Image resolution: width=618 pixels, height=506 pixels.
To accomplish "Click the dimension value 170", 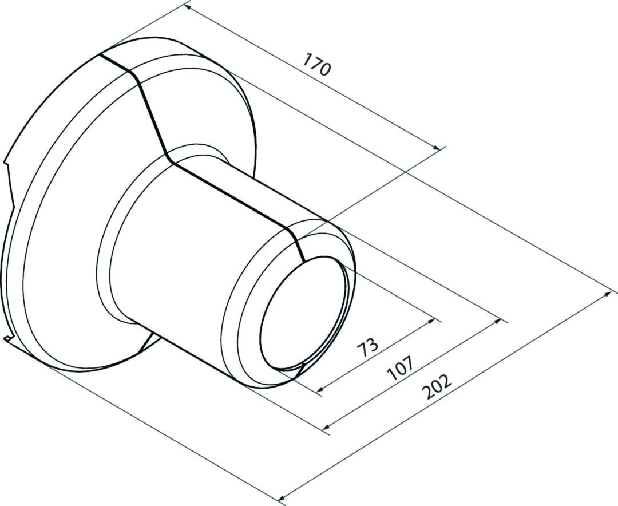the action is click(x=316, y=64).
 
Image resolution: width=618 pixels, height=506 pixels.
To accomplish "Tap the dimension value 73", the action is click(x=368, y=345).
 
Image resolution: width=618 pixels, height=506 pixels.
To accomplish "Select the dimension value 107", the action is click(x=399, y=368).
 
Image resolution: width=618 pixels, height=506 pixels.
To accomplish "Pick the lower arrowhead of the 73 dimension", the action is click(x=320, y=391).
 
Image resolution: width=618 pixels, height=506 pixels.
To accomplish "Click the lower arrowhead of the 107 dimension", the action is click(x=326, y=427).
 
